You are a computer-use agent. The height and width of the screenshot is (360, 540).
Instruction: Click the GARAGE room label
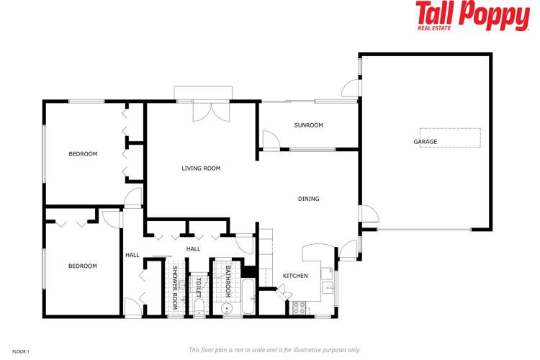click(x=425, y=142)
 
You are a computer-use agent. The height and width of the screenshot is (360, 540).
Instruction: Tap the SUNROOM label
click(x=308, y=125)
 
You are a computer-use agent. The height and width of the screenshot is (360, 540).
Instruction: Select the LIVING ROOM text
click(x=201, y=168)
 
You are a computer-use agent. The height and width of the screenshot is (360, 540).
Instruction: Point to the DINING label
click(x=309, y=199)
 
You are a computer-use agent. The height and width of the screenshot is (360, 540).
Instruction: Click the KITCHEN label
click(x=295, y=276)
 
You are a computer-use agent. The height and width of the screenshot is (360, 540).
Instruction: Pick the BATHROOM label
click(x=228, y=282)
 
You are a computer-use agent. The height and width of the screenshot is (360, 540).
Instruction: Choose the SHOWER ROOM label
click(x=175, y=287)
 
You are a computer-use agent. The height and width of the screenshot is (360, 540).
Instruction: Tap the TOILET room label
click(x=197, y=288)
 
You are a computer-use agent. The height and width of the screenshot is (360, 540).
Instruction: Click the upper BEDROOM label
click(x=83, y=153)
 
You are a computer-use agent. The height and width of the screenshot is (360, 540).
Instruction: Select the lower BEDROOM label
click(x=82, y=266)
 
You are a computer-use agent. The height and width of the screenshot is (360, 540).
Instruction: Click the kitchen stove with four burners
click(x=300, y=308)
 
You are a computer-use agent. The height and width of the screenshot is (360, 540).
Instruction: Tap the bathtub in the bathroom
click(x=248, y=298)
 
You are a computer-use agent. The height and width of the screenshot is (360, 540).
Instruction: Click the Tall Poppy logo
click(x=472, y=16)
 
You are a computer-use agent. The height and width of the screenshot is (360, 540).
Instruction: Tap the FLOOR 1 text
click(x=19, y=351)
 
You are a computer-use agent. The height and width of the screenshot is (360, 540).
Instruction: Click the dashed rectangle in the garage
click(x=450, y=138)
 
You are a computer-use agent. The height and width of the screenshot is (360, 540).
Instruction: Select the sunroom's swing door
click(x=270, y=140)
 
